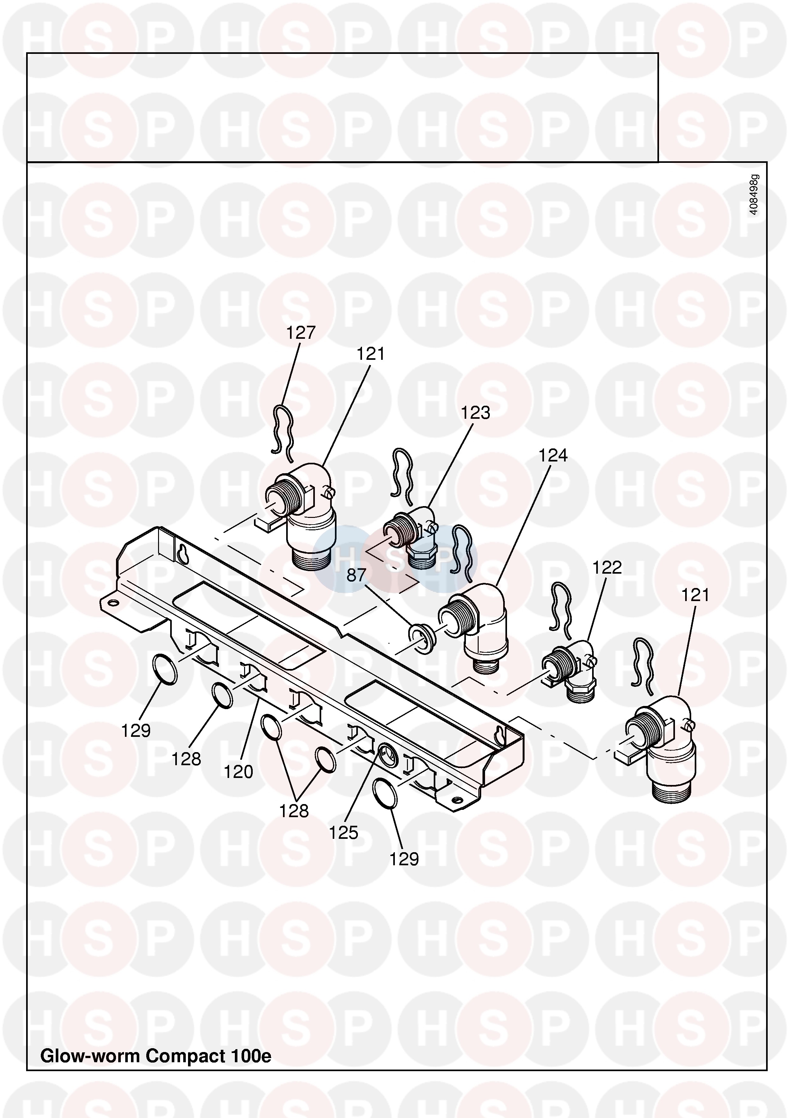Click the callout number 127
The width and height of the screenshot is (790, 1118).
301,333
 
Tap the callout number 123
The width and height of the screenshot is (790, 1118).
475,413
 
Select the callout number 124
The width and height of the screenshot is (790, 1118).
553,455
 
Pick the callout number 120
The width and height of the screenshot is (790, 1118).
238,772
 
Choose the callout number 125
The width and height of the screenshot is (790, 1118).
343,833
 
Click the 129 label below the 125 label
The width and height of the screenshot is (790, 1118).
404,859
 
